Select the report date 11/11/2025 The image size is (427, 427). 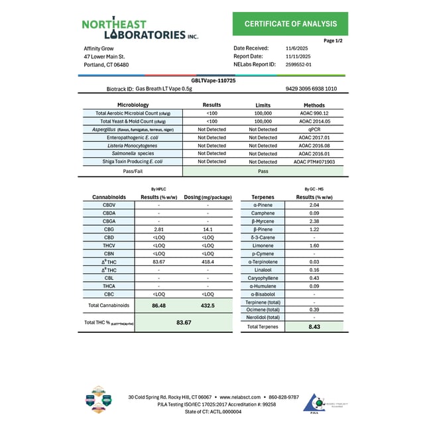[297, 56]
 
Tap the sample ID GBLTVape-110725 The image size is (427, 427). [213, 80]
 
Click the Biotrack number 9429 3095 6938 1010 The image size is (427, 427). [311, 88]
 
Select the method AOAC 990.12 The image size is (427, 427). [314, 113]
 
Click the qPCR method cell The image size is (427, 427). [314, 129]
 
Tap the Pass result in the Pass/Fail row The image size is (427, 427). [263, 170]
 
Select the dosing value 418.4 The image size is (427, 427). [208, 261]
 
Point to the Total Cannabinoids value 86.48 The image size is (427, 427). [158, 306]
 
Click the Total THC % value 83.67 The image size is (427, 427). [184, 322]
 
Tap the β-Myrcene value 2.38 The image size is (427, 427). [314, 221]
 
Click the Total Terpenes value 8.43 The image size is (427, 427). [314, 326]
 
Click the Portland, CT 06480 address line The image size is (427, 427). [106, 65]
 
